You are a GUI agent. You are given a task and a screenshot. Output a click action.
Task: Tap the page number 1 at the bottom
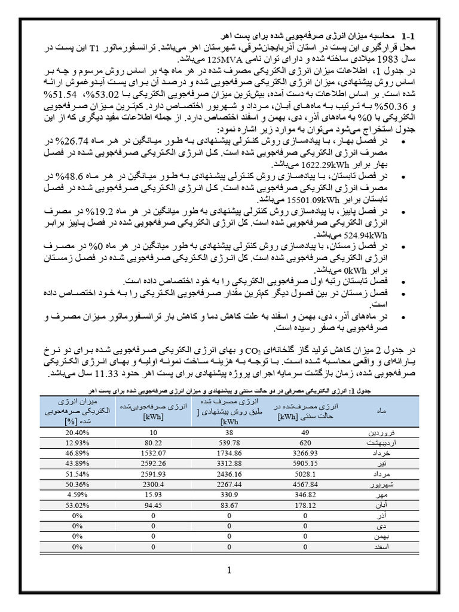point(229,571)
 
